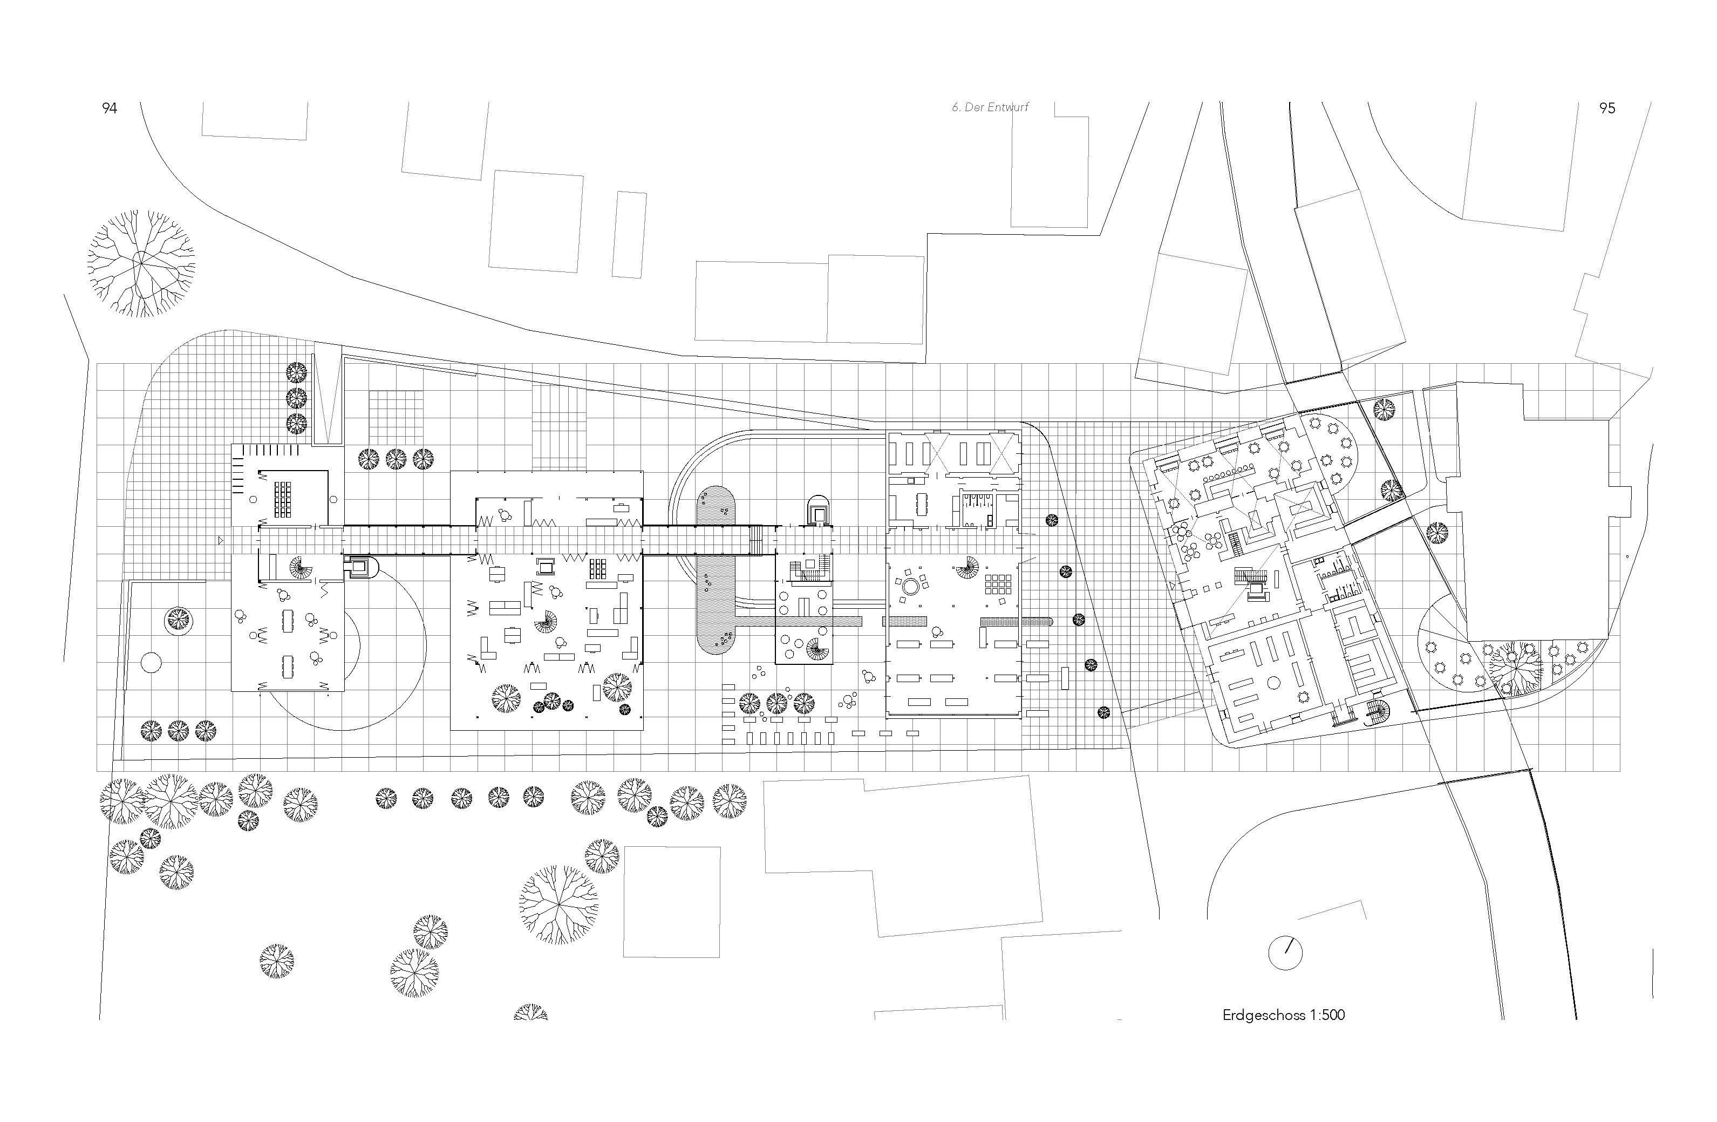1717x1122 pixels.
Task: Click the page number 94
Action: coord(110,108)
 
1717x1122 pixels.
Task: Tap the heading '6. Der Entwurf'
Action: coord(990,107)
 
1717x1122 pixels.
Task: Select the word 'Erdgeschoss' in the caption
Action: coord(1263,1015)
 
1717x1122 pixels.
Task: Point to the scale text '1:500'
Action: coord(1328,1015)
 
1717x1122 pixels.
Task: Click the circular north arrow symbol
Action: coord(1285,954)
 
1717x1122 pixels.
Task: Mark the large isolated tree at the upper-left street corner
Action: coord(141,264)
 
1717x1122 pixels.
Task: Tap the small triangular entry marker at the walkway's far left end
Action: coord(221,539)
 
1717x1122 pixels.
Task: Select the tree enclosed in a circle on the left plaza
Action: coord(178,619)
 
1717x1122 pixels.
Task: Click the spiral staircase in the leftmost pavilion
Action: coord(300,568)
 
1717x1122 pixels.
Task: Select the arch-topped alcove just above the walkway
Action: coord(819,510)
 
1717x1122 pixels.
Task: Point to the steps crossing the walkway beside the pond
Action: coord(755,540)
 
